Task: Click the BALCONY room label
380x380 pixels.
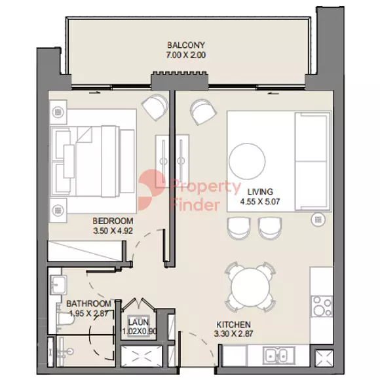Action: coord(186,45)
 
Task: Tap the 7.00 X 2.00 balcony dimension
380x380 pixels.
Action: coord(186,55)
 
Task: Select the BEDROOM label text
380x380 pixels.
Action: coord(113,221)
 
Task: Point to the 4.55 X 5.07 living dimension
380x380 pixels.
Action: coord(260,201)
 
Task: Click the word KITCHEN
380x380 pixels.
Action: coord(234,324)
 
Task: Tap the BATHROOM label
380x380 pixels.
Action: coord(89,303)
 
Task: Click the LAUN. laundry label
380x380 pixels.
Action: coord(139,322)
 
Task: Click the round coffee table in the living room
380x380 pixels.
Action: coord(247,161)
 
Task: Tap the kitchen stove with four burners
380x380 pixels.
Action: coord(322,306)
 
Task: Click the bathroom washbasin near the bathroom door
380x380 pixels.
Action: coord(58,284)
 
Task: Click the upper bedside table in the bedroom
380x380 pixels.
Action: coord(58,112)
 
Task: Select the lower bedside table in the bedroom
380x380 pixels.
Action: coord(58,210)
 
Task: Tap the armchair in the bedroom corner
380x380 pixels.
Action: coord(155,107)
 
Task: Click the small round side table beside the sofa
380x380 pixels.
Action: coord(318,219)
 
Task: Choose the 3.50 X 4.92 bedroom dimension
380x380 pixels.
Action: coord(113,231)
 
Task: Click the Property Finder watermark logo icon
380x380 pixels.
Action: coord(151,190)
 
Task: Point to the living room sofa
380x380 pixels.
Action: coord(313,161)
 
